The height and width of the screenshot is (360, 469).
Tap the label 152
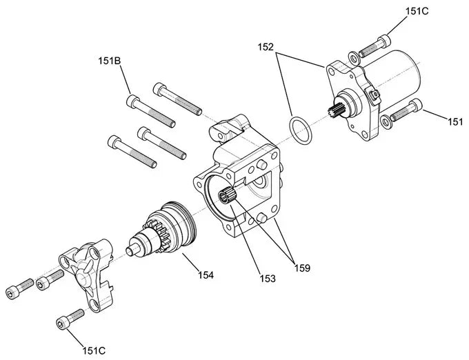tap(266, 48)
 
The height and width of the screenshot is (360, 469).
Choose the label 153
tap(268, 279)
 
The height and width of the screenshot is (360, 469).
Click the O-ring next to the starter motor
tap(299, 130)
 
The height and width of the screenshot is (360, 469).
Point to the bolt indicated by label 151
tap(406, 111)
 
